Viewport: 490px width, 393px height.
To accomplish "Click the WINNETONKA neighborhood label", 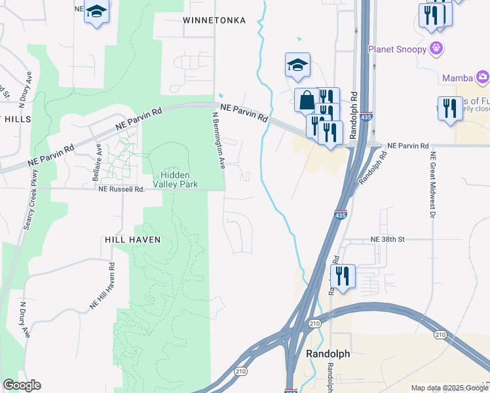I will [x=214, y=20].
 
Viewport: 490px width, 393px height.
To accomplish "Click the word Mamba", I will [x=457, y=78].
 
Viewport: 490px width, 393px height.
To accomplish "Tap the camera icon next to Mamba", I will [x=482, y=78].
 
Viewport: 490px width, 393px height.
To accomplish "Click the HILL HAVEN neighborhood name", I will [x=132, y=240].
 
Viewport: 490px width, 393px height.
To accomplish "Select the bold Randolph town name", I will [x=328, y=354].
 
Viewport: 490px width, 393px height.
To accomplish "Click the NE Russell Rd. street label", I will [x=121, y=189].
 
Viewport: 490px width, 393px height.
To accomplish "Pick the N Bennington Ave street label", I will [x=218, y=139].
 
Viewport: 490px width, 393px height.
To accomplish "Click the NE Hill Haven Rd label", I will [x=104, y=286].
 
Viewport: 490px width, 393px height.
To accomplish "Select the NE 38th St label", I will [x=387, y=240].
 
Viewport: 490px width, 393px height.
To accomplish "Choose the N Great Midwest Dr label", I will [x=433, y=184].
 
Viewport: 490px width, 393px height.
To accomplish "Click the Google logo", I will [x=22, y=385].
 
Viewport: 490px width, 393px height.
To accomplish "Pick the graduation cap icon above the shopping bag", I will [x=297, y=64].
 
